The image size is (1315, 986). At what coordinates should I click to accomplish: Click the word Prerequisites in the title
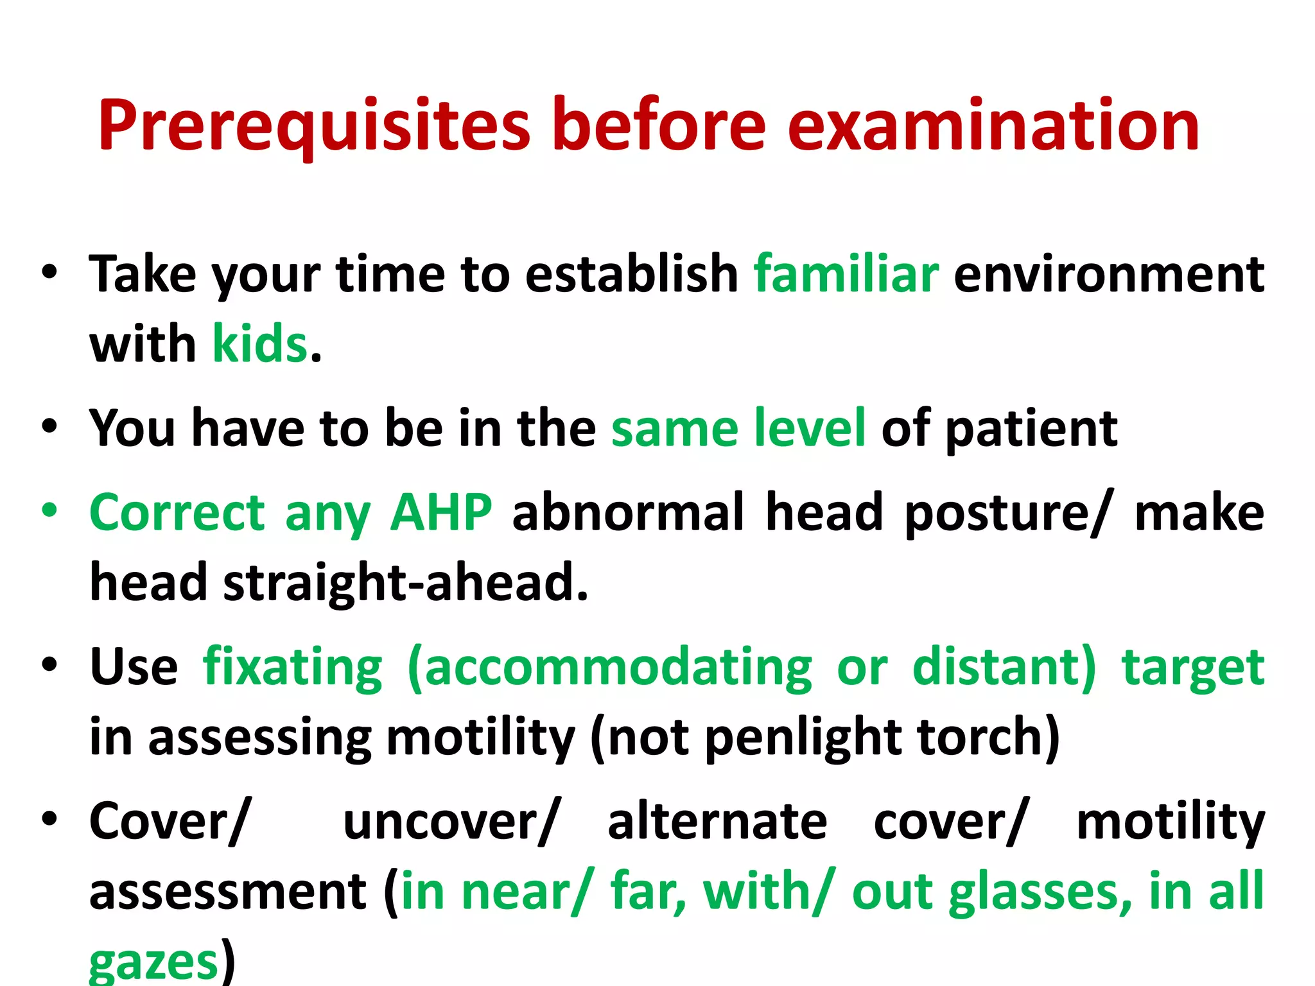pos(314,126)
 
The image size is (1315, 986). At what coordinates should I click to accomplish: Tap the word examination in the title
pos(993,126)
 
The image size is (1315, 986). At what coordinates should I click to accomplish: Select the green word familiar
pos(846,275)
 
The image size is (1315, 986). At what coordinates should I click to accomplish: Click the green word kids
pos(260,344)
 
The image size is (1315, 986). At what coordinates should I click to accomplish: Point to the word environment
pos(1109,275)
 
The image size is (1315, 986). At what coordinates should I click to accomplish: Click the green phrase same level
pos(738,428)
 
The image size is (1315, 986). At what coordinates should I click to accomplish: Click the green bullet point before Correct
pos(49,511)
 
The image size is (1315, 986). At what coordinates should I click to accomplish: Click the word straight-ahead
pos(405,583)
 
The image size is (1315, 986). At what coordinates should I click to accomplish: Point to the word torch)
pos(989,738)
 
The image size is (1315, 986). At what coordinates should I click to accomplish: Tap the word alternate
pos(717,822)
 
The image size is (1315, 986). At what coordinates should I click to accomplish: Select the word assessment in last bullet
pos(228,892)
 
